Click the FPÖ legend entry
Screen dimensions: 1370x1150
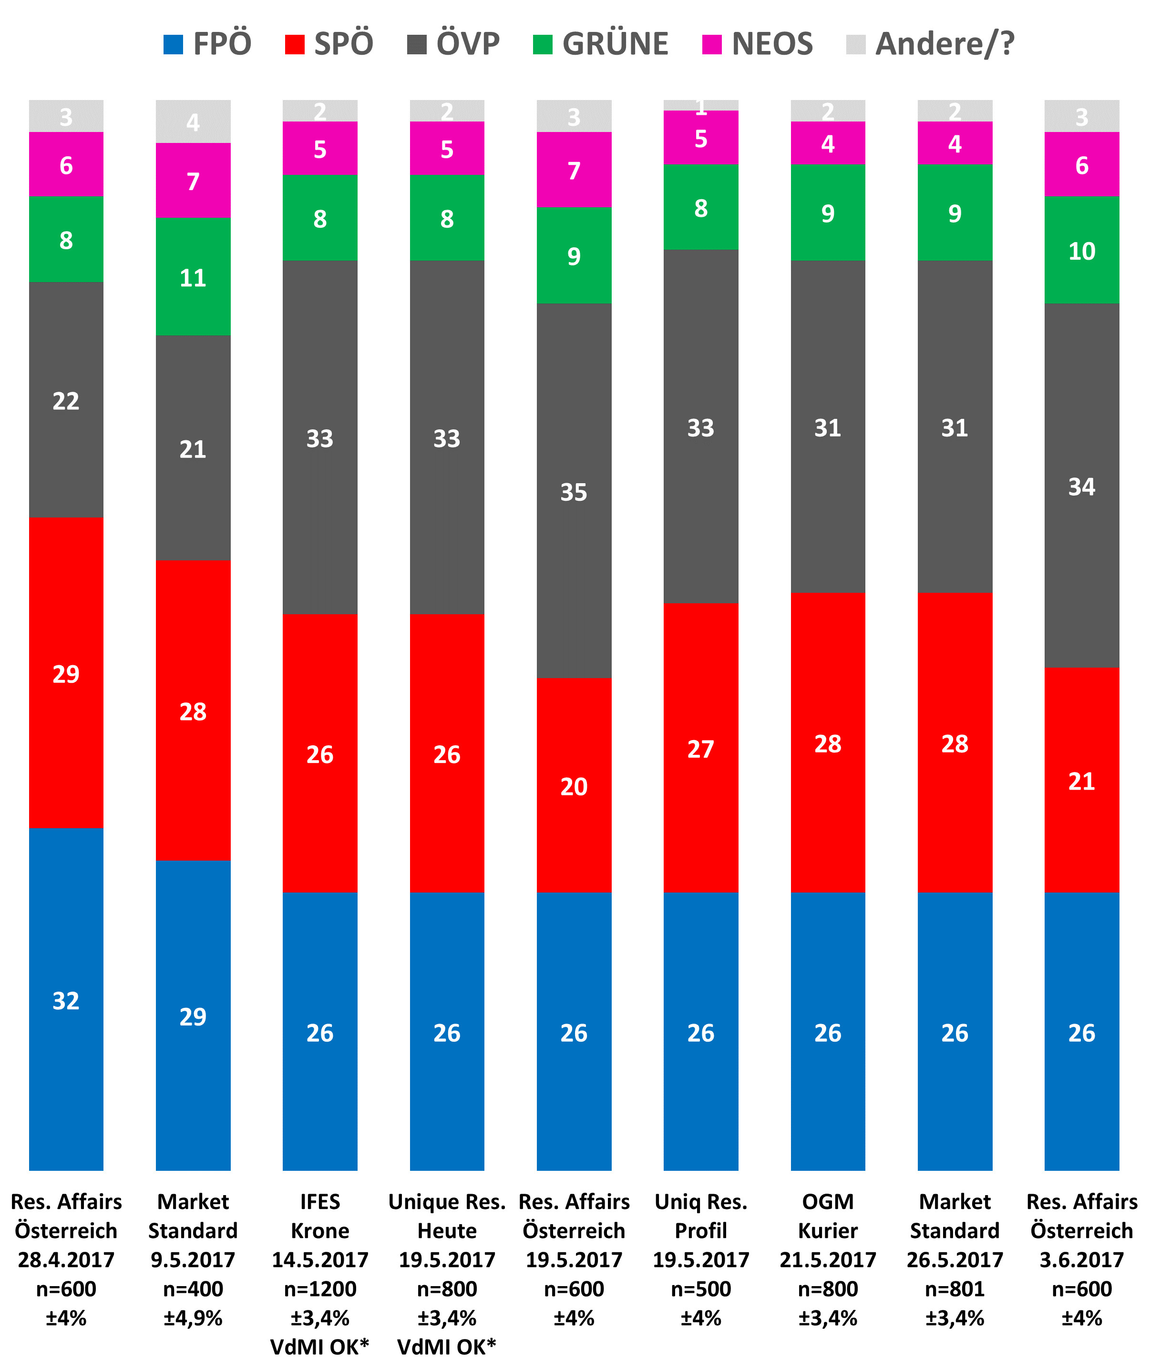(207, 44)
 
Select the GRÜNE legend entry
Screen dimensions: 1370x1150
(600, 44)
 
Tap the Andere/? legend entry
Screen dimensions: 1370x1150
(930, 44)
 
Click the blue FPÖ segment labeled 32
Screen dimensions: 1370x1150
(66, 1000)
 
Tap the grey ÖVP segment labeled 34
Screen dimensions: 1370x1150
(1081, 486)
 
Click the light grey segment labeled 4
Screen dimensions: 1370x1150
(193, 122)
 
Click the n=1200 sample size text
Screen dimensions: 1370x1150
(320, 1289)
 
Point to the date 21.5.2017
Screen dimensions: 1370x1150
(828, 1259)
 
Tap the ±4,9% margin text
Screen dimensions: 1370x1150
(193, 1318)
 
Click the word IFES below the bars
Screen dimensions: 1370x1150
(320, 1201)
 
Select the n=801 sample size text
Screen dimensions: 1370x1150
(955, 1289)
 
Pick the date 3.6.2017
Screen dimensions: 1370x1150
(1081, 1259)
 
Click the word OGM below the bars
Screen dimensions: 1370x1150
(828, 1201)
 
